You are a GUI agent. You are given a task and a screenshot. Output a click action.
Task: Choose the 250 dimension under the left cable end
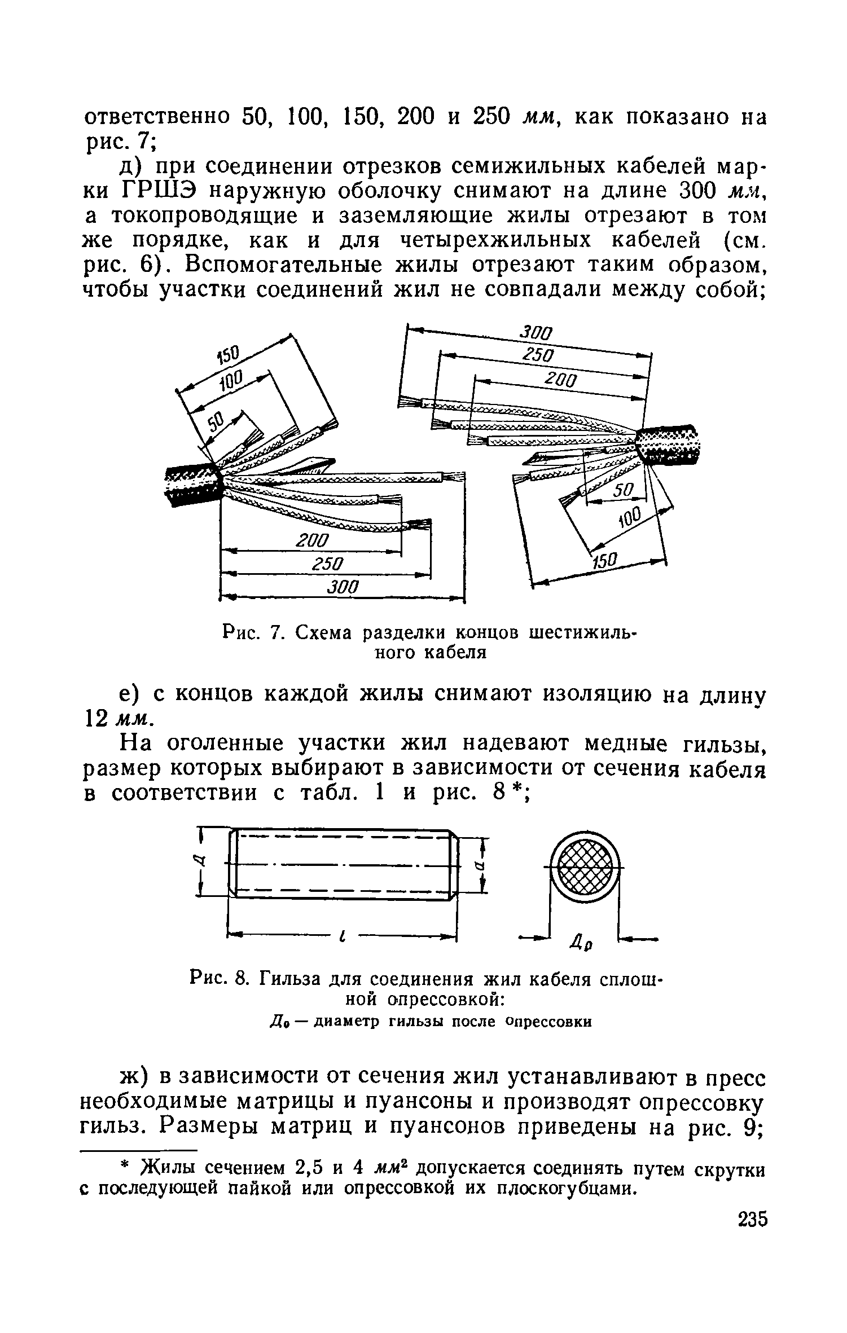(x=328, y=564)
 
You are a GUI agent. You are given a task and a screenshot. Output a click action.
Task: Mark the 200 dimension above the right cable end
(x=560, y=380)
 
